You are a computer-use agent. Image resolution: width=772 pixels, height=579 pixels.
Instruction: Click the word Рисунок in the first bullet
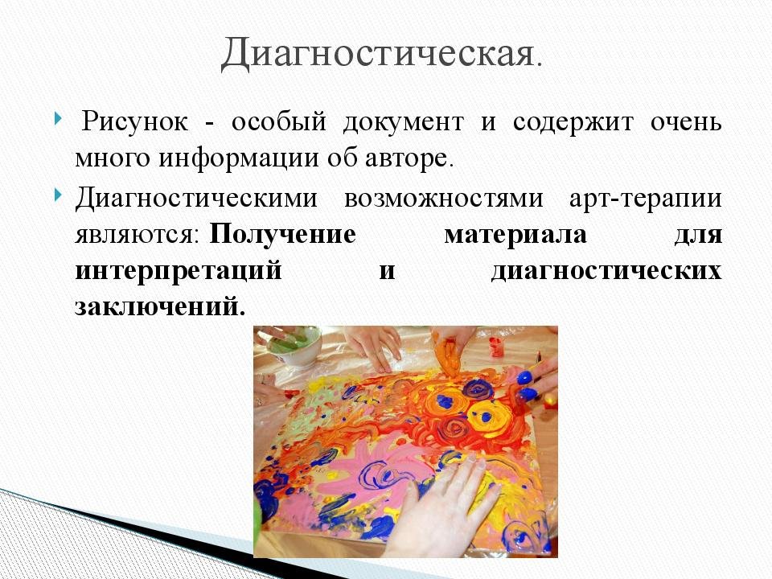(x=134, y=121)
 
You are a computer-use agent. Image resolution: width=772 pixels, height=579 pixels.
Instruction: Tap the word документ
(x=403, y=122)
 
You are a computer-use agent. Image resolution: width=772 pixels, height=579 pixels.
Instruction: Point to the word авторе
(x=409, y=158)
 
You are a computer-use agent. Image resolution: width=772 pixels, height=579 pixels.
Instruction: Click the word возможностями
(x=444, y=198)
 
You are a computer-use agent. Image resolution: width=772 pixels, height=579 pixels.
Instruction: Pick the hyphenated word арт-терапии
(x=646, y=198)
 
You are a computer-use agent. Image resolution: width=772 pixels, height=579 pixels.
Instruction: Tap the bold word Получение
(x=282, y=234)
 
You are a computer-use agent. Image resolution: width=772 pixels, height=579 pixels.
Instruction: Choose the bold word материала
(x=515, y=235)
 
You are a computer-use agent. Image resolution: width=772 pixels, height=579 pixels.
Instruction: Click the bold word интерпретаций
(x=179, y=271)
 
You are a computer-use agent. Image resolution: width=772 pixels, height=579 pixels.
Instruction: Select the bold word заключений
(x=160, y=306)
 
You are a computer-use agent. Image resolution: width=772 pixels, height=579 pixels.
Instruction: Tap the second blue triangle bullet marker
(x=59, y=195)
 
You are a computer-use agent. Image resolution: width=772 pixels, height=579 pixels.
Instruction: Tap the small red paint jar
(x=497, y=347)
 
